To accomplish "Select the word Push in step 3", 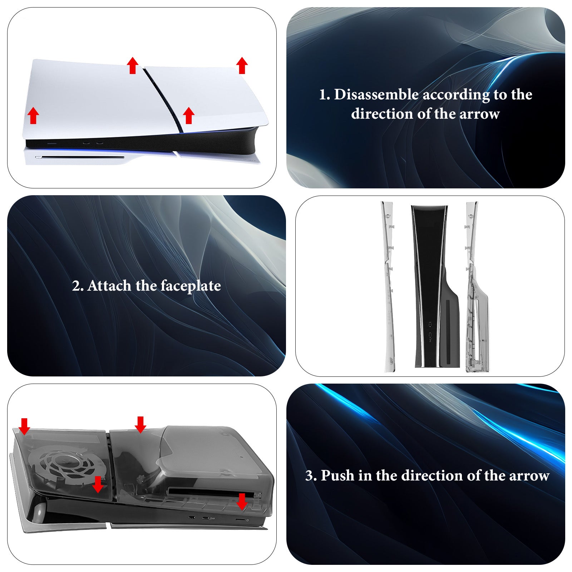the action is (x=337, y=475).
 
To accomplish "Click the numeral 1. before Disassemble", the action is (x=325, y=95).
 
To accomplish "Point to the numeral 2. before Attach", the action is (x=78, y=286).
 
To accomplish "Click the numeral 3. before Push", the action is (x=311, y=476).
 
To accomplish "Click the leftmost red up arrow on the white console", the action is (x=33, y=115).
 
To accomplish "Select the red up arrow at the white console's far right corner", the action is (x=242, y=65).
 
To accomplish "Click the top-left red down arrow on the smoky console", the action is (x=24, y=426).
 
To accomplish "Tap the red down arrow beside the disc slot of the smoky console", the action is (x=242, y=502).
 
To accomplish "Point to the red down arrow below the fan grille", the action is (x=98, y=484).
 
